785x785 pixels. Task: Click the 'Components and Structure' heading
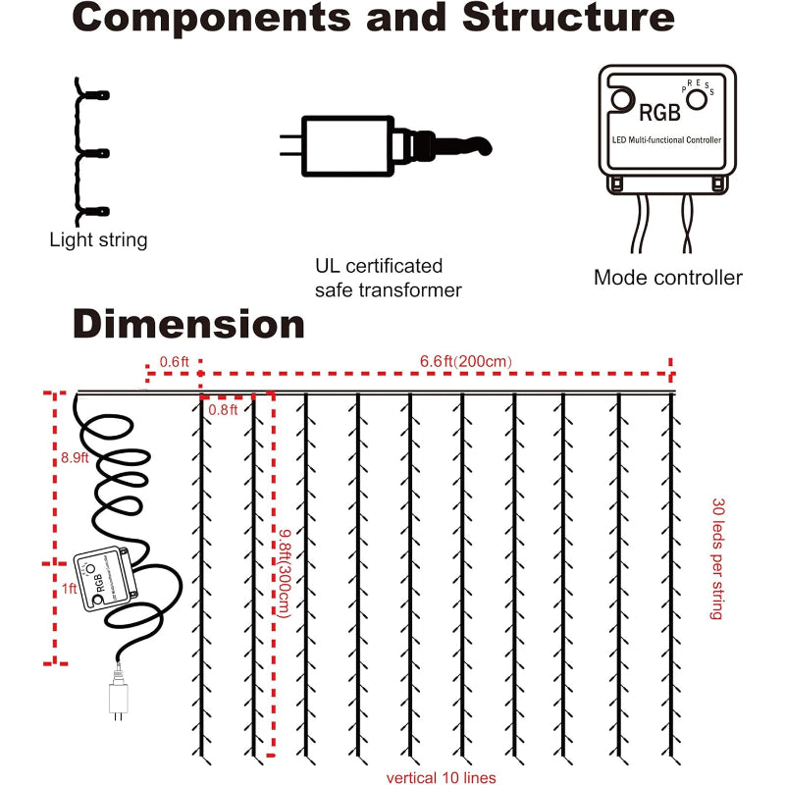[x=372, y=21]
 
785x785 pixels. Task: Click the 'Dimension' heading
[x=188, y=323]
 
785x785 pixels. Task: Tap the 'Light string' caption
[x=98, y=240]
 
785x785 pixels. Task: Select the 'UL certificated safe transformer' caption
[x=388, y=278]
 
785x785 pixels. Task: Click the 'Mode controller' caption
[x=667, y=278]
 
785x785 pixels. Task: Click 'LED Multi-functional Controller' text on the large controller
[x=665, y=140]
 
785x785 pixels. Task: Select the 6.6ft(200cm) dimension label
[x=460, y=361]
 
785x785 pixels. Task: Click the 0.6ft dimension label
[x=173, y=361]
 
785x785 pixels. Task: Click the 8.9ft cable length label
[x=76, y=457]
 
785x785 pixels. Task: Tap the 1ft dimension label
[x=69, y=590]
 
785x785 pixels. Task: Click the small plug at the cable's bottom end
[x=118, y=699]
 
